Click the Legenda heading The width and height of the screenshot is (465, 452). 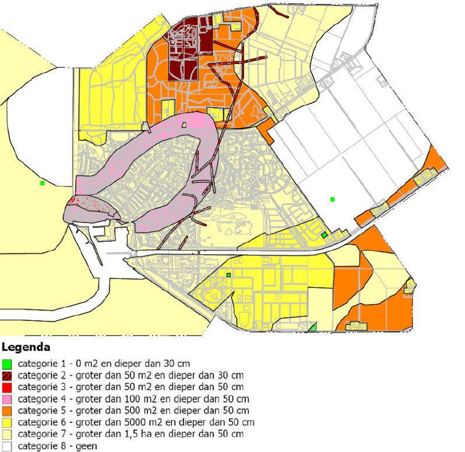[x=26, y=348]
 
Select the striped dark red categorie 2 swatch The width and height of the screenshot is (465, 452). [x=7, y=375]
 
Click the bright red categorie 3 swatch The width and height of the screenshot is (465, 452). [x=7, y=386]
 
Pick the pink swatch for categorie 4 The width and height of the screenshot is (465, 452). [x=7, y=399]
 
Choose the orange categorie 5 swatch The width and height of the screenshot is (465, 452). [x=7, y=411]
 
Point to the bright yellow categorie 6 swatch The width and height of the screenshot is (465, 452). [x=7, y=422]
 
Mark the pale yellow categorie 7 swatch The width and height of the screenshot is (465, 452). [x=7, y=434]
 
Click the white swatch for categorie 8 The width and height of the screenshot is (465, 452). [x=7, y=446]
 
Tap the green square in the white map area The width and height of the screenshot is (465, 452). [x=332, y=199]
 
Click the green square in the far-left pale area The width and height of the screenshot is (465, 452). [x=43, y=183]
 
